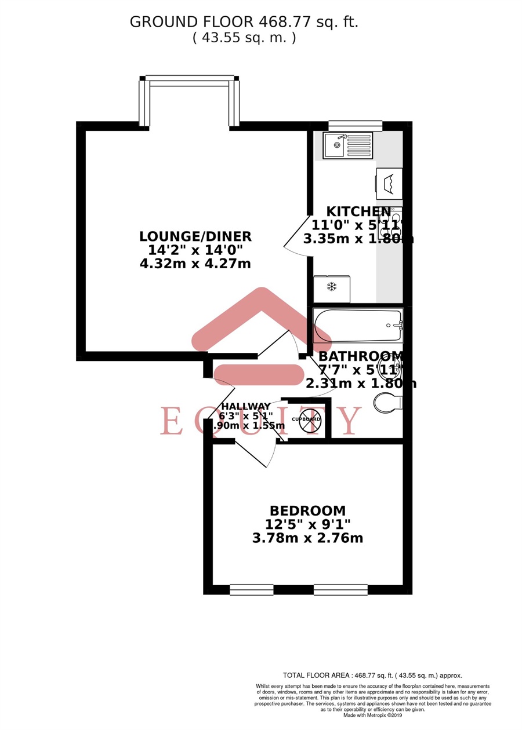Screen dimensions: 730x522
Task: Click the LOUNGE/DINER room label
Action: click(x=195, y=236)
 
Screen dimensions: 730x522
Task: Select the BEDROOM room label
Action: click(x=307, y=511)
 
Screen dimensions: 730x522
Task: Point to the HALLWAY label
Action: click(x=244, y=406)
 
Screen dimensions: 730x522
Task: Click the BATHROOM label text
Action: click(x=360, y=356)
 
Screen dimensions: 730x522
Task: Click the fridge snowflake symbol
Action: click(x=332, y=287)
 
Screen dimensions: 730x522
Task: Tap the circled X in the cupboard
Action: click(x=310, y=419)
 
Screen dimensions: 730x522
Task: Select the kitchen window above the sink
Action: click(x=355, y=125)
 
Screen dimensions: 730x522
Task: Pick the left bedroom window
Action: click(x=251, y=590)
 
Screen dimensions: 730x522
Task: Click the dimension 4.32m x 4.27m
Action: click(x=195, y=264)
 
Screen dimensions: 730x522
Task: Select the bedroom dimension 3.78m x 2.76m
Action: click(x=307, y=538)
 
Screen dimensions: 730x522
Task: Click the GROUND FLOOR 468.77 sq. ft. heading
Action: click(x=244, y=22)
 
